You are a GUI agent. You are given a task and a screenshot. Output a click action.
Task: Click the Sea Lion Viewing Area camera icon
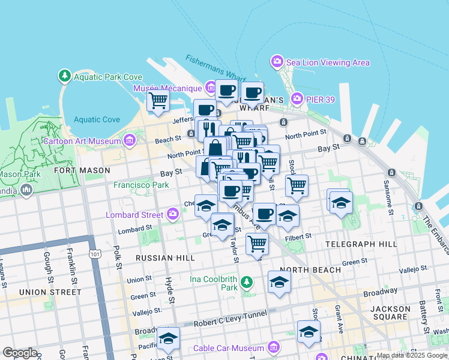point(277,61)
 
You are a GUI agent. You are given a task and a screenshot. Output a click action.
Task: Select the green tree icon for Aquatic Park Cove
point(64,76)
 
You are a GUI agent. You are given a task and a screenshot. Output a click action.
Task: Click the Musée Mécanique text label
point(167,88)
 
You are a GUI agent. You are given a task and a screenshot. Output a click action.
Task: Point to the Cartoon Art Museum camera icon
point(129,141)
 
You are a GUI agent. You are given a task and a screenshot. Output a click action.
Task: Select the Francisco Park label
point(141,185)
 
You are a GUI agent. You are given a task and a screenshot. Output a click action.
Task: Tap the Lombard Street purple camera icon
point(173,214)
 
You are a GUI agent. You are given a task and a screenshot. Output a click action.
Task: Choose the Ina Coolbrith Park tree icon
point(246,282)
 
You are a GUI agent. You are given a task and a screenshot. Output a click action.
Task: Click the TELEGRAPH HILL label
point(361,244)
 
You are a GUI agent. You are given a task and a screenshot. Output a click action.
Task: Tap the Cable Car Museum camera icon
point(274,347)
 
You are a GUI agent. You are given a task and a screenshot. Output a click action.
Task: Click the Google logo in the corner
point(20,353)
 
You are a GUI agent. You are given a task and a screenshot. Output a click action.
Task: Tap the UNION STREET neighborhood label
point(50,292)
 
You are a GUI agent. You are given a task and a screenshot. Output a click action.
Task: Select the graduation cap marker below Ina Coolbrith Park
point(279,282)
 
